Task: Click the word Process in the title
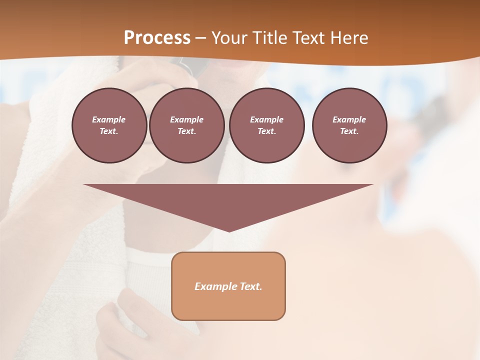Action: click(157, 37)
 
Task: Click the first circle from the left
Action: click(109, 125)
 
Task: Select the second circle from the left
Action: click(186, 125)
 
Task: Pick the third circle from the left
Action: click(266, 125)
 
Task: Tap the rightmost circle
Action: click(349, 125)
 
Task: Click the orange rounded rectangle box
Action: click(228, 286)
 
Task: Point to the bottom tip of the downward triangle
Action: click(229, 230)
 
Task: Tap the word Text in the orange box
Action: click(251, 286)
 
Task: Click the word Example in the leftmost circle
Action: click(109, 119)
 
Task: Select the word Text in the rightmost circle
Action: click(349, 131)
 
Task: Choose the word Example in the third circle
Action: click(266, 119)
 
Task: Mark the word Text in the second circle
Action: click(186, 131)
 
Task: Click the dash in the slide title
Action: click(201, 38)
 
